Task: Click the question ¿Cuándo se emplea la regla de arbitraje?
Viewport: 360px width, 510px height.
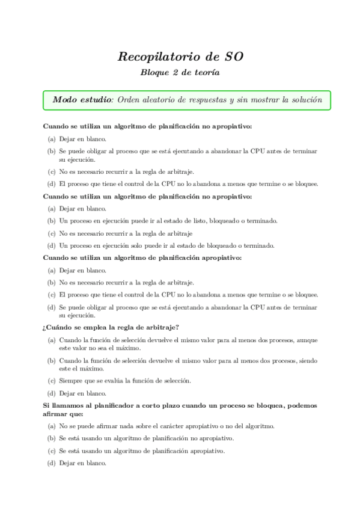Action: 110,327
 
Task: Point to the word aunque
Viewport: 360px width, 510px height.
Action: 305,340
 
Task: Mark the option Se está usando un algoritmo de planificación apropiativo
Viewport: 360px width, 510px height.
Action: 142,450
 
